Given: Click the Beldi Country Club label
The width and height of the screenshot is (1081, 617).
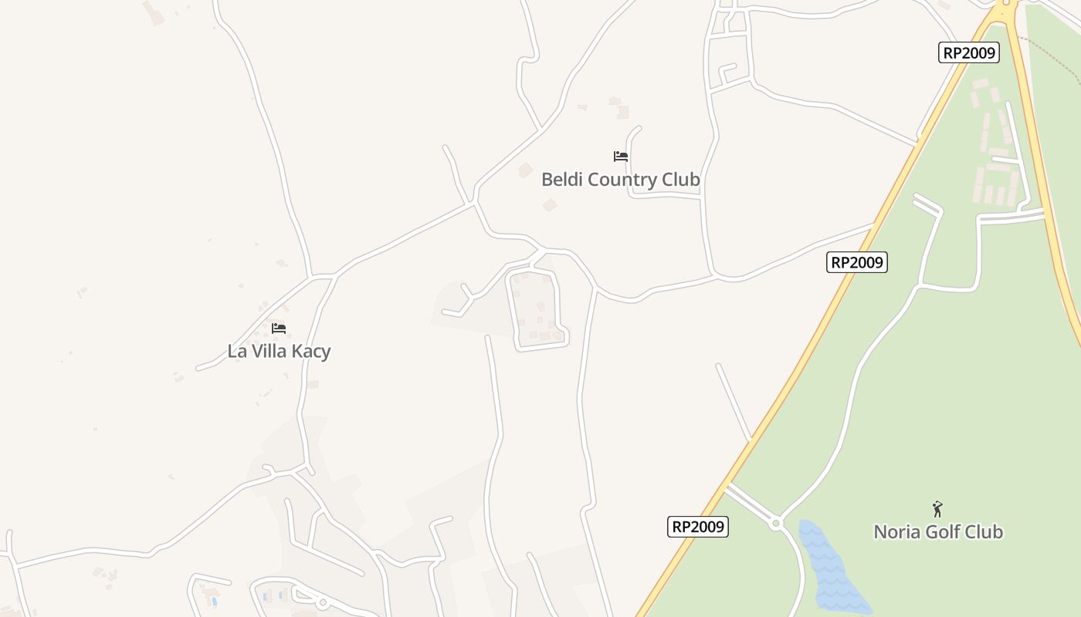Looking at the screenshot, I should click(x=620, y=180).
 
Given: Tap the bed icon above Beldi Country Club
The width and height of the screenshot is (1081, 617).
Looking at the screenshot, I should click(x=620, y=157).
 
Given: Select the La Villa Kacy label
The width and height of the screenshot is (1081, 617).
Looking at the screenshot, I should click(x=279, y=352).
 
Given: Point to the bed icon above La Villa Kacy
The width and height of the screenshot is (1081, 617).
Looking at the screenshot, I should click(x=279, y=329).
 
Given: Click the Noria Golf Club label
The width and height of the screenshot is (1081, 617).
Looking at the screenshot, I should click(x=937, y=531).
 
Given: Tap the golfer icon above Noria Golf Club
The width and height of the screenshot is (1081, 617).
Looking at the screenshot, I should click(x=937, y=509).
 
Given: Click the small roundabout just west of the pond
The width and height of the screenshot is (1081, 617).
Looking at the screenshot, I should click(x=776, y=524).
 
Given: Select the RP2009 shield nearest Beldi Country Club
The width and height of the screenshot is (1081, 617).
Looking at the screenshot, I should click(x=856, y=262).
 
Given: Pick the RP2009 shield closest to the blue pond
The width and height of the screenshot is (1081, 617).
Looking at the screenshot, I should click(x=698, y=527).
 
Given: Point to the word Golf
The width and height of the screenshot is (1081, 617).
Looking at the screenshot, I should click(x=947, y=531).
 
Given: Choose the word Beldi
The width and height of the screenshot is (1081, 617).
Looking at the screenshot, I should click(x=562, y=180).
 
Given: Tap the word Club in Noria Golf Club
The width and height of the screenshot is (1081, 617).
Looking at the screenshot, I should click(x=984, y=531).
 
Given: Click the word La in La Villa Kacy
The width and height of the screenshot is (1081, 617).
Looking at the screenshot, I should click(x=236, y=352).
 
